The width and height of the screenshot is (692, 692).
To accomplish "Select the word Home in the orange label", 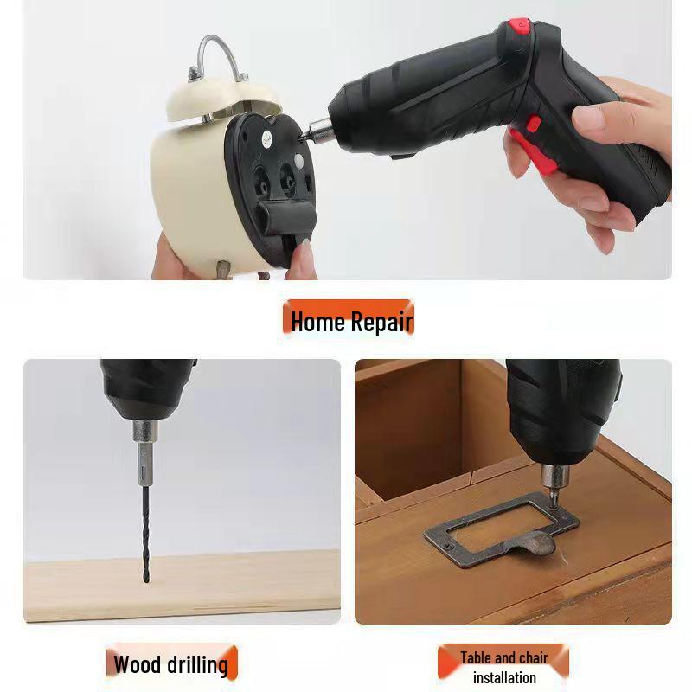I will tap(317, 322).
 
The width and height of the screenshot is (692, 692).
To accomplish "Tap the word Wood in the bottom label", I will tap(137, 664).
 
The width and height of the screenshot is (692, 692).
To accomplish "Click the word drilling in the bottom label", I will tap(196, 665).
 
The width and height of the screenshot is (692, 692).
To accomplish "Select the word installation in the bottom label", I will tap(504, 677).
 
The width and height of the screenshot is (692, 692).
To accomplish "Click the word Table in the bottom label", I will tap(477, 657).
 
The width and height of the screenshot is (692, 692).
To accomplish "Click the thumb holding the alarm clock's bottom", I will tap(300, 259).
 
